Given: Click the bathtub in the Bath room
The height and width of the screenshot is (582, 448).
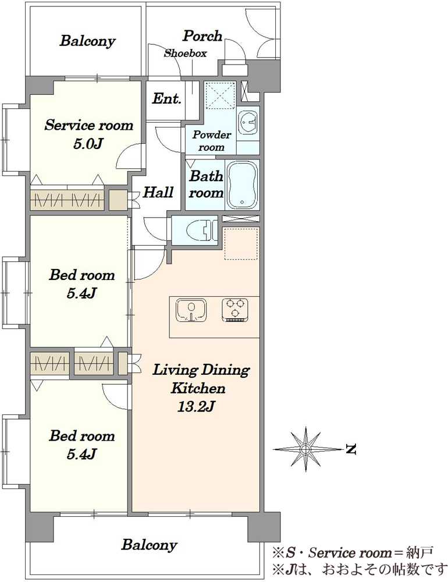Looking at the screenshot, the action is pos(242,185).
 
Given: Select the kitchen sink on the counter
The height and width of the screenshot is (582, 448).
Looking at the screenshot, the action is pos(191,310).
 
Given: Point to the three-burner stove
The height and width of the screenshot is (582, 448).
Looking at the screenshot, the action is pos(235,310).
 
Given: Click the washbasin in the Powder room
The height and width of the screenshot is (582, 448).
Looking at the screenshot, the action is pos(248,122).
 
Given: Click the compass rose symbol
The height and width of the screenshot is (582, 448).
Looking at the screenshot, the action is pos(305,449).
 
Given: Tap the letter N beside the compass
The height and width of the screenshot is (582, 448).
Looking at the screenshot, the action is pos(351,449).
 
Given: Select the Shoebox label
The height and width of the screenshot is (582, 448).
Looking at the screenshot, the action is pos(185,53).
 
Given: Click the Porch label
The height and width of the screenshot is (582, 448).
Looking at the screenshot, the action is pos(202,36).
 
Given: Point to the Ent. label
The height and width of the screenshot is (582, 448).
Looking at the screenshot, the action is pos(166,99).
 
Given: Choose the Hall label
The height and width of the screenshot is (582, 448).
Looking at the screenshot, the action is pos(158,192).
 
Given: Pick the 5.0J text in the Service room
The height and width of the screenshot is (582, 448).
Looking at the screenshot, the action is pos(88,143).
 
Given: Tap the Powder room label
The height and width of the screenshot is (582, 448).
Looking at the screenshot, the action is pos(212,141).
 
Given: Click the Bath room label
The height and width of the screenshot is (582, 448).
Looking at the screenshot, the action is pos(207,184).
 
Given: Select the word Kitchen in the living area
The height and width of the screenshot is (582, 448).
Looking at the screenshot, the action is pos(198,389).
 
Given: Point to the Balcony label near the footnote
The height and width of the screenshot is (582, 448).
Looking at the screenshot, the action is pos(149,545).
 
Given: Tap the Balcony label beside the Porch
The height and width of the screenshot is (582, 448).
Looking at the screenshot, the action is pos(88,41).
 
